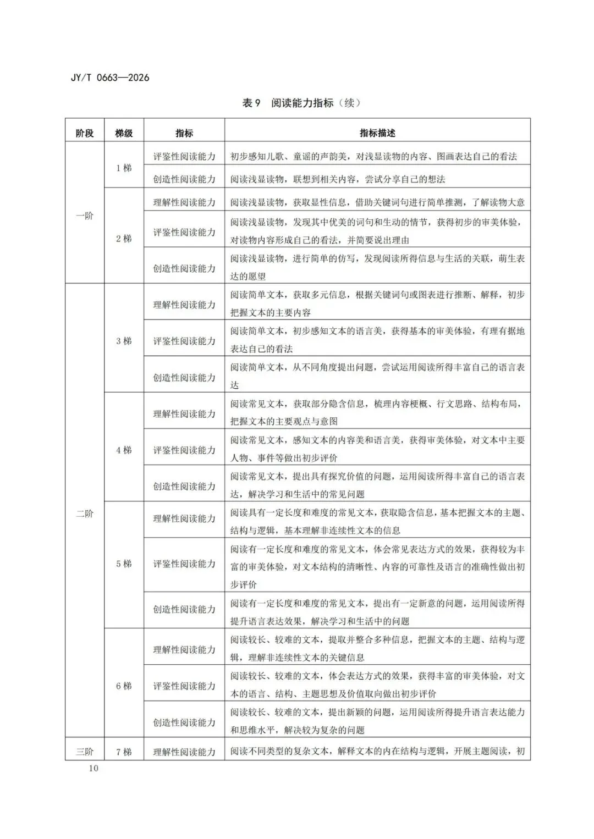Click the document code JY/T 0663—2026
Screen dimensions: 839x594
(x=110, y=78)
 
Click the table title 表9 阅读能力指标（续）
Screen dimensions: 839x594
(x=301, y=103)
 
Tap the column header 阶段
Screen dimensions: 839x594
(x=85, y=133)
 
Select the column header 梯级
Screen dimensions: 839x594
(x=124, y=133)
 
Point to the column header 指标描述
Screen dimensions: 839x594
(x=377, y=133)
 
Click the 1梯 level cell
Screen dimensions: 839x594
(x=124, y=168)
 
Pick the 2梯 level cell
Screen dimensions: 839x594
(x=124, y=239)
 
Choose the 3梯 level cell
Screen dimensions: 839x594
(x=124, y=341)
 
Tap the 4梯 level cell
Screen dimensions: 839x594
(x=124, y=450)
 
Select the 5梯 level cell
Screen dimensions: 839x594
(x=124, y=564)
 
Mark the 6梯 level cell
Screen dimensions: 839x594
(x=124, y=686)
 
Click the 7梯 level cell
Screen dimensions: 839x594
(x=124, y=752)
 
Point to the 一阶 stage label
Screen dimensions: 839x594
(x=85, y=216)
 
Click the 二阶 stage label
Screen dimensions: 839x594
(x=85, y=514)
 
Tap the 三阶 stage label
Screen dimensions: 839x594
(x=85, y=752)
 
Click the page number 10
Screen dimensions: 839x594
(x=93, y=768)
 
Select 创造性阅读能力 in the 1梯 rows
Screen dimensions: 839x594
(x=184, y=179)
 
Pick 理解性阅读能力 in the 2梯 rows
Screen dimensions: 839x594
(x=184, y=202)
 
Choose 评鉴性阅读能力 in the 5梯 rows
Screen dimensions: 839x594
(x=184, y=564)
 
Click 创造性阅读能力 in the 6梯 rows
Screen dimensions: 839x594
(x=184, y=722)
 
